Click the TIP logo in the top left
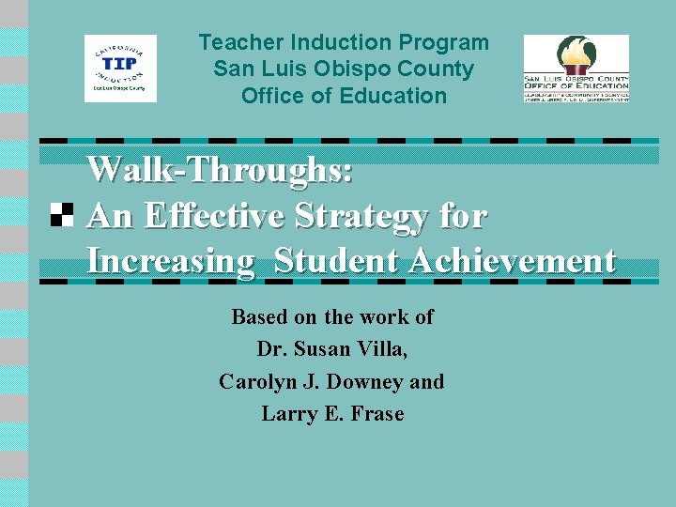(x=120, y=68)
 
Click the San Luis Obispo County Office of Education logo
(x=576, y=68)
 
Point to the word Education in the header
(x=401, y=95)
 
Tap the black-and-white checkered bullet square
(x=62, y=215)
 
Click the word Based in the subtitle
(x=258, y=317)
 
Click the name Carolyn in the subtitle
(x=255, y=382)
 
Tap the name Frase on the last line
(x=378, y=414)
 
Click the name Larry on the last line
(x=287, y=414)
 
